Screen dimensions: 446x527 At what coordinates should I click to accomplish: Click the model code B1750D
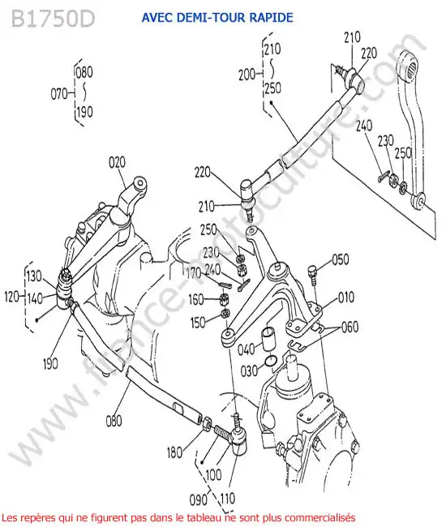point(53,19)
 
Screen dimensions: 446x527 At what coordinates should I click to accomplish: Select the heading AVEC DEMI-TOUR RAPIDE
point(217,18)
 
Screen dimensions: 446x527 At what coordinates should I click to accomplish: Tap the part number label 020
point(117,162)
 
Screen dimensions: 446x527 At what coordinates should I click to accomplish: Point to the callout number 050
point(341,259)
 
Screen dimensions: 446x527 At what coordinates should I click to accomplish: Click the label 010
point(345,297)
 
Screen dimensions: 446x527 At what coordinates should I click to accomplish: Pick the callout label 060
point(350,327)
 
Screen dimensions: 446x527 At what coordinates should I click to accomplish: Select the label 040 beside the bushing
point(247,349)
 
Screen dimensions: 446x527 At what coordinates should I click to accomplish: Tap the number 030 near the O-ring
point(249,371)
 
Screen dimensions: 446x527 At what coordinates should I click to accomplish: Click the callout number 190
point(50,363)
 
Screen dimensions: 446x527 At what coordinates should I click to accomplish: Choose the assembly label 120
point(12,297)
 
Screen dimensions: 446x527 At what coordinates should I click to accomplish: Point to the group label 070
point(59,94)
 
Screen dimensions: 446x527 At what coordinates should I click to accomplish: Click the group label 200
point(247,75)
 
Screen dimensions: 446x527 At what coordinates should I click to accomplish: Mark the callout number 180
point(175,452)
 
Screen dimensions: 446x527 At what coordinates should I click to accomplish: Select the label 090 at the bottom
point(199,500)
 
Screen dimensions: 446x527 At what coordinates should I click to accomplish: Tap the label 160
point(196,299)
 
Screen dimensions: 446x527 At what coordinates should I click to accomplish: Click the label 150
point(198,323)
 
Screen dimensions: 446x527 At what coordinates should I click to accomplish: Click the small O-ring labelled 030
point(271,361)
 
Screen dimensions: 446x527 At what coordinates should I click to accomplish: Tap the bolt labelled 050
point(312,275)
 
